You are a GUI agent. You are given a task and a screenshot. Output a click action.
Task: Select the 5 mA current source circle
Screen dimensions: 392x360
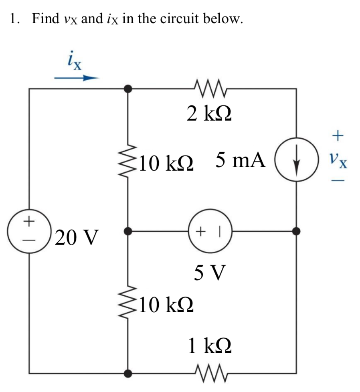point(296,162)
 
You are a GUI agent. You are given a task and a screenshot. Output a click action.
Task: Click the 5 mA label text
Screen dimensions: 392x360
point(241,160)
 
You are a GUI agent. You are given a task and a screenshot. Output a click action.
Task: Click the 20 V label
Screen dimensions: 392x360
point(76,237)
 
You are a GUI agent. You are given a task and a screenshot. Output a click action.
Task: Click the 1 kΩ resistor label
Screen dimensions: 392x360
point(210,346)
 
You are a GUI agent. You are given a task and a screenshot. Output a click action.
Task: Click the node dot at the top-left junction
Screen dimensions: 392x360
point(128,89)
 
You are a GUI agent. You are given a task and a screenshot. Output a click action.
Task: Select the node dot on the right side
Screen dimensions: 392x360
point(296,231)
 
